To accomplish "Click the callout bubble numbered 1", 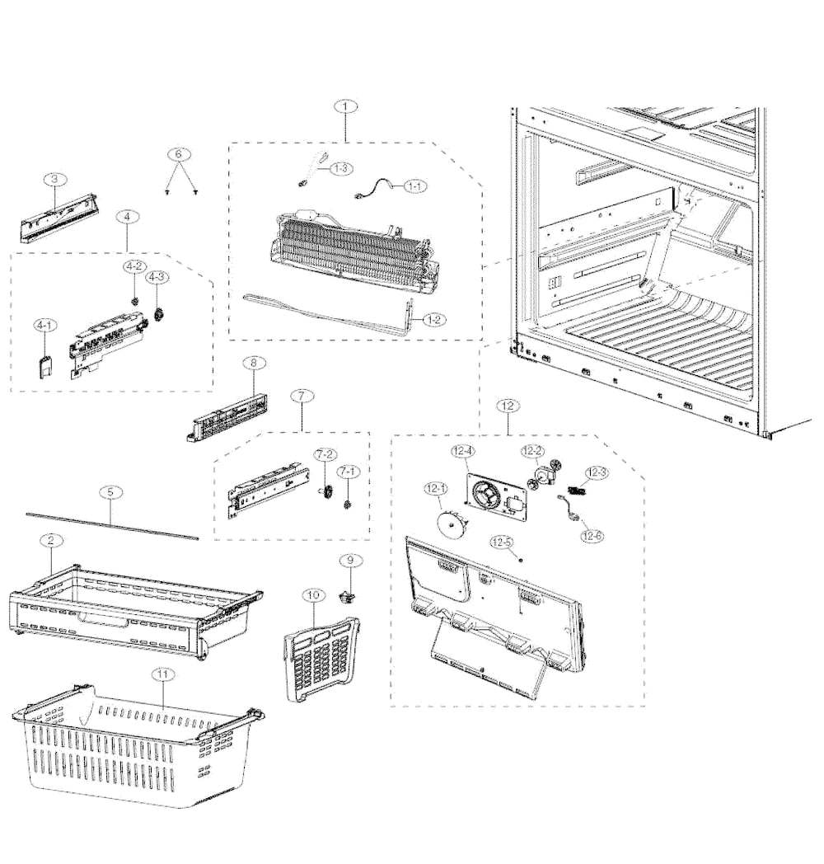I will pyautogui.click(x=346, y=106).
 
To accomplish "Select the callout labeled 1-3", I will pyautogui.click(x=340, y=168).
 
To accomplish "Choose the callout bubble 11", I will pyautogui.click(x=164, y=674).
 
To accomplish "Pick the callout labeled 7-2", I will pyautogui.click(x=325, y=455).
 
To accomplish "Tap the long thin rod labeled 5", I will pyautogui.click(x=112, y=525).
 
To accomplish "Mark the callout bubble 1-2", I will pyautogui.click(x=433, y=319).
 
